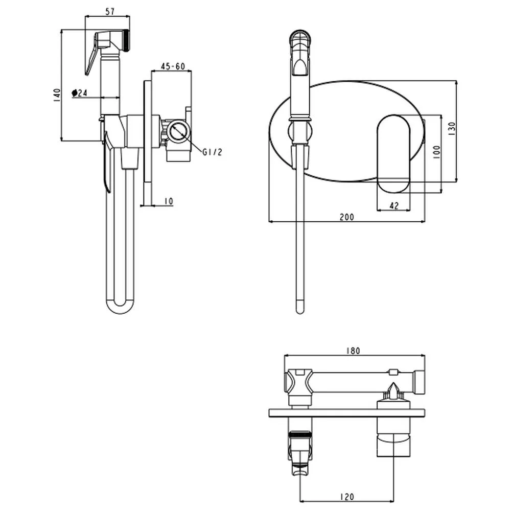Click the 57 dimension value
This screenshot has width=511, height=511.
tap(110, 11)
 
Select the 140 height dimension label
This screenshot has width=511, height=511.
tap(57, 95)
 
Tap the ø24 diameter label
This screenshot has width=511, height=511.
tap(80, 93)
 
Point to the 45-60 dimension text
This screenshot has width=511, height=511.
tap(173, 66)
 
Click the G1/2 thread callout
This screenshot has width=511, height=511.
tap(212, 152)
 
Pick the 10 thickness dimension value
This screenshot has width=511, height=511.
tap(169, 201)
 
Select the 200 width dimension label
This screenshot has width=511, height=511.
tap(346, 217)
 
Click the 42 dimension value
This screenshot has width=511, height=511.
tap(394, 205)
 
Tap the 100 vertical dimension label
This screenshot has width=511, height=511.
tap(436, 152)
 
